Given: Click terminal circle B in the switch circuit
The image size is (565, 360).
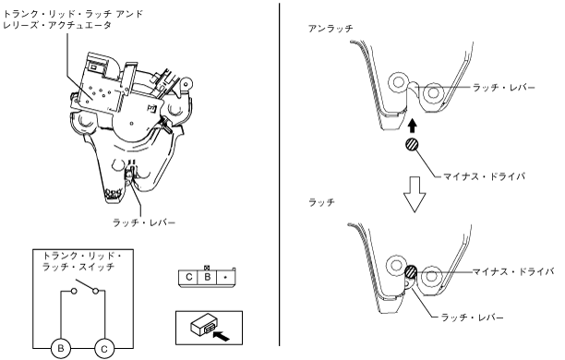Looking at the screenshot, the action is [x=61, y=349].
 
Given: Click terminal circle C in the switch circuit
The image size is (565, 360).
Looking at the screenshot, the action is [x=104, y=349].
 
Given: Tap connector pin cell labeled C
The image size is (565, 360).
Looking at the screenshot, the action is [x=188, y=277].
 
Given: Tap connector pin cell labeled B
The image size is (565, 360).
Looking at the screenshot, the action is [x=207, y=277].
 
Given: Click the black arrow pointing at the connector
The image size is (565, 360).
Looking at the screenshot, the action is [x=222, y=336].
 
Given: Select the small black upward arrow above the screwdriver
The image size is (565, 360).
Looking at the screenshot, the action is [x=413, y=126].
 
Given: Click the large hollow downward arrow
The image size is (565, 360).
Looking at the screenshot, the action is [x=414, y=194].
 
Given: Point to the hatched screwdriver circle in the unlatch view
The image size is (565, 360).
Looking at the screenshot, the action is [x=413, y=145].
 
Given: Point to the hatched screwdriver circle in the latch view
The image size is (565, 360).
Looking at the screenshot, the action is [x=411, y=272].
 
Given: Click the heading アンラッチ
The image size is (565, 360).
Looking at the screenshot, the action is [x=331, y=29].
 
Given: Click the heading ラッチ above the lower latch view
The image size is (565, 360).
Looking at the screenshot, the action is [x=322, y=202].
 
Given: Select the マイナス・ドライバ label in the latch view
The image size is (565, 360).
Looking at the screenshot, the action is [x=512, y=271].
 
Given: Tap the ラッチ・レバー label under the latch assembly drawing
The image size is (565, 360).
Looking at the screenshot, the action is [x=144, y=222].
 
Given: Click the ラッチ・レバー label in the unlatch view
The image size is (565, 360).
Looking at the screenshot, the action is [x=504, y=87].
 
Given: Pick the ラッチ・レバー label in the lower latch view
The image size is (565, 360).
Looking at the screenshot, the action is [x=472, y=318].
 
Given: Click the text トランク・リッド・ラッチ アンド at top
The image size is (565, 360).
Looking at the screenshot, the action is [x=73, y=14].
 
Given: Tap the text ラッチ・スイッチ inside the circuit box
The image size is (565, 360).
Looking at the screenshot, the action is [x=78, y=267].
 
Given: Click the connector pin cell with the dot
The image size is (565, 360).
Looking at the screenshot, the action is [x=225, y=277].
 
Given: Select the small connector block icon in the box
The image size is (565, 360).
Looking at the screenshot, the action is [x=203, y=326].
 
